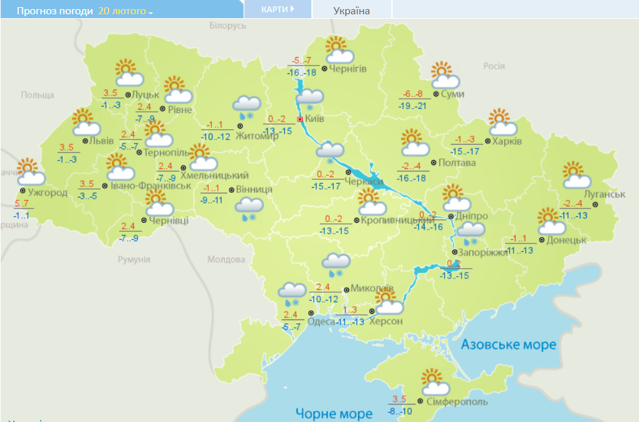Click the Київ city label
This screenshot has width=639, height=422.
tap(315, 119)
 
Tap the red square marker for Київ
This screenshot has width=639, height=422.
tap(300, 119)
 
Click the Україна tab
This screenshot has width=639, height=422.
tap(352, 11)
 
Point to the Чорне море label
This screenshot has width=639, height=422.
tap(333, 413)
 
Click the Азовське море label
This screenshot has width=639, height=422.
tap(508, 344)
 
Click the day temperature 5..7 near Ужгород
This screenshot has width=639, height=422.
tap(22, 204)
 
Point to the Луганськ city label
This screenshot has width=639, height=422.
tap(604, 195)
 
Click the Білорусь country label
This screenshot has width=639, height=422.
tap(228, 25)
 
